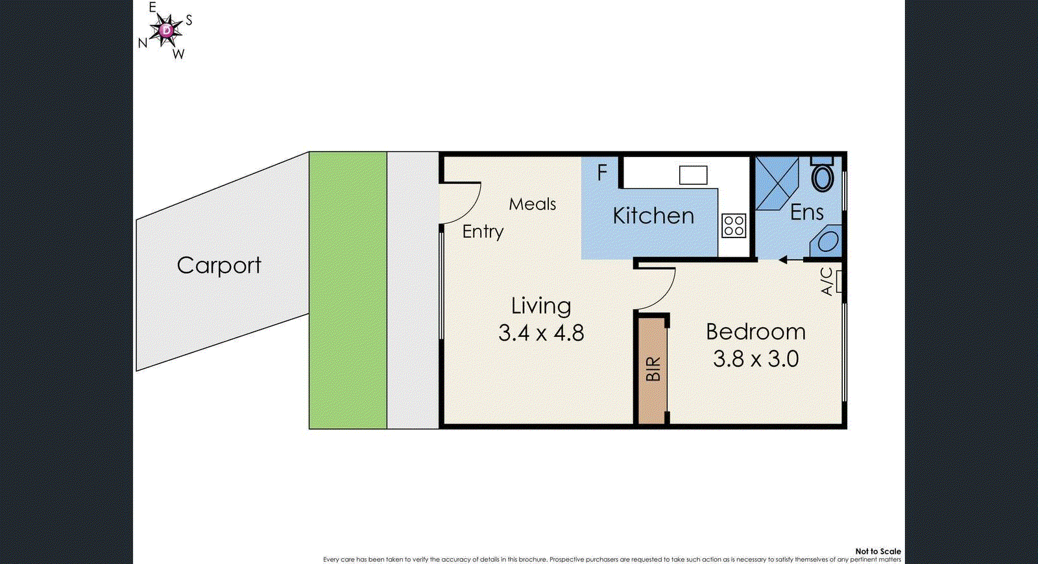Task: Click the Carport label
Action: pyautogui.click(x=219, y=265)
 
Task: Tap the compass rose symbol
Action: pyautogui.click(x=167, y=30)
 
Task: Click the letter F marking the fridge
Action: pyautogui.click(x=602, y=173)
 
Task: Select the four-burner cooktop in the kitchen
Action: pyautogui.click(x=734, y=226)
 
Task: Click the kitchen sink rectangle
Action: pyautogui.click(x=693, y=175)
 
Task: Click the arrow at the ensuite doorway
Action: pyautogui.click(x=790, y=260)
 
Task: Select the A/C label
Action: pyautogui.click(x=827, y=282)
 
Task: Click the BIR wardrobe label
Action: pyautogui.click(x=653, y=369)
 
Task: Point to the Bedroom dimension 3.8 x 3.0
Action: pyautogui.click(x=756, y=359)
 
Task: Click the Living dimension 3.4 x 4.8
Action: pyautogui.click(x=541, y=333)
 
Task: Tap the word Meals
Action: pyautogui.click(x=532, y=204)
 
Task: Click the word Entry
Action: pyautogui.click(x=483, y=232)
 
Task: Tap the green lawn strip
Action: pyautogui.click(x=348, y=290)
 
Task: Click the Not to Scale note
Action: pyautogui.click(x=878, y=551)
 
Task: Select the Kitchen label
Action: pyautogui.click(x=653, y=216)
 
